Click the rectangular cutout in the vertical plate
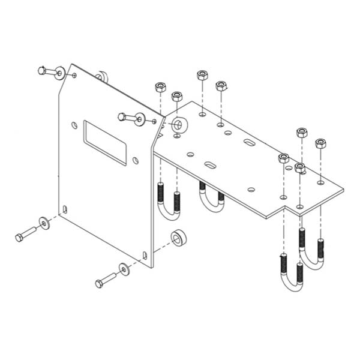point(105,143)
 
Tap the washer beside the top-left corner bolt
point(59,74)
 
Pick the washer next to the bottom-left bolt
point(44,223)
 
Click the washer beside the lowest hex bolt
point(124,269)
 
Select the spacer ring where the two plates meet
point(178,126)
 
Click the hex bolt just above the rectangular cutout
point(125,116)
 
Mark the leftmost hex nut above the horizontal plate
point(160,87)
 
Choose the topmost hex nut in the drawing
point(202,75)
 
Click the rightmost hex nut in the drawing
point(320,143)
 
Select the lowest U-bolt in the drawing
point(291,276)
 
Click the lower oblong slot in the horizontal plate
point(211,164)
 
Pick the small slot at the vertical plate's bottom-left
point(65,209)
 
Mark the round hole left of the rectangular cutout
point(74,125)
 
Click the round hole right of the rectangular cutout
point(136,160)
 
